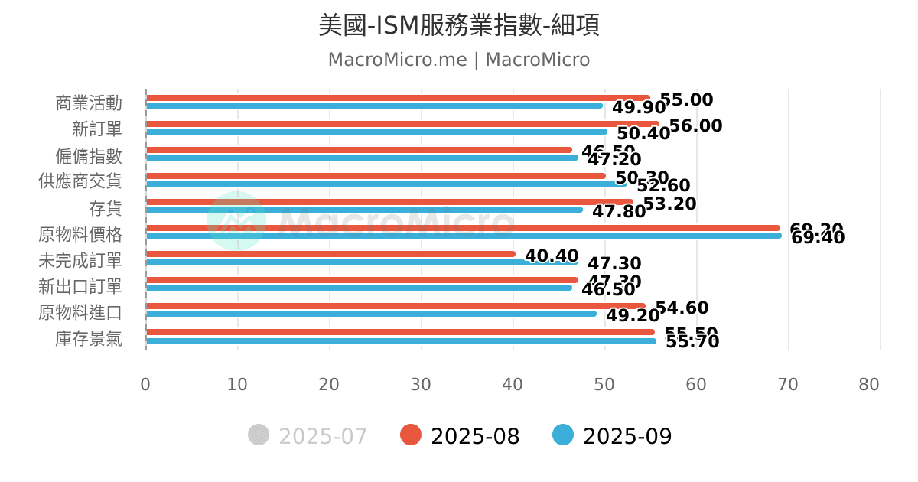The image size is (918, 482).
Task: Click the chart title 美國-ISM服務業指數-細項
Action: click(459, 25)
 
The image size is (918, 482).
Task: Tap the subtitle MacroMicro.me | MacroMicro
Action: click(459, 60)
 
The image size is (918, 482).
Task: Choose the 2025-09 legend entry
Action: click(613, 436)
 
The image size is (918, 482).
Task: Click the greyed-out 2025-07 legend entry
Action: click(308, 436)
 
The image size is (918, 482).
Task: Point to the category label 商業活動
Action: click(89, 103)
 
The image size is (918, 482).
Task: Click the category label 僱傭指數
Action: click(89, 156)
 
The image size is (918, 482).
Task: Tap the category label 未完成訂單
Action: click(80, 260)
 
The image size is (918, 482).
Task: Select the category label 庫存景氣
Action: click(89, 338)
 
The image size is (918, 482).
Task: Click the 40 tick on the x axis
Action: click(513, 384)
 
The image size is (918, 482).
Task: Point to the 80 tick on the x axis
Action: click(869, 384)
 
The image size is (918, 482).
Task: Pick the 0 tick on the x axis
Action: click(145, 384)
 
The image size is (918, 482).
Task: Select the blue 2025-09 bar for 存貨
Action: click(363, 210)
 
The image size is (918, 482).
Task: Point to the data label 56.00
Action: click(695, 126)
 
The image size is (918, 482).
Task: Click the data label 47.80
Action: click(619, 211)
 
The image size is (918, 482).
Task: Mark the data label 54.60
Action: click(682, 308)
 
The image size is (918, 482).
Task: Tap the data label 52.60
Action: click(663, 186)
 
